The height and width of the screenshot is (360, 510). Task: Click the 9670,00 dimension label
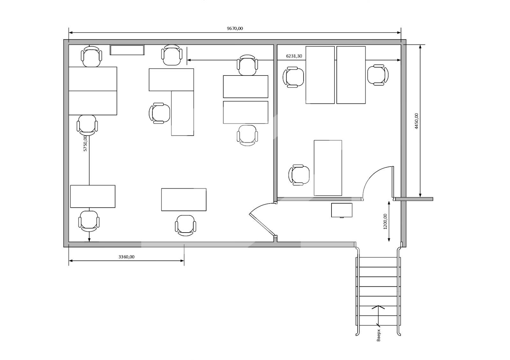[x=235, y=28]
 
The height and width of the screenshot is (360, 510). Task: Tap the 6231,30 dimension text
[x=294, y=56]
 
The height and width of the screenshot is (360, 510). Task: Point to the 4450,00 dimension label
[x=416, y=121]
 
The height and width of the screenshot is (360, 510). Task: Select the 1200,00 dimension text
[x=385, y=221]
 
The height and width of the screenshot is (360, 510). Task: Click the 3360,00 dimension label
[x=126, y=257]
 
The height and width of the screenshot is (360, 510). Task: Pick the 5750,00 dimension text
[x=85, y=143]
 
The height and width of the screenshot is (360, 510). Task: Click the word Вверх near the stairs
[x=378, y=335]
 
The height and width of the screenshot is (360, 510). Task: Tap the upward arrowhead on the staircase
[x=378, y=307]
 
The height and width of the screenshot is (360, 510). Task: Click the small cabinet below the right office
[x=341, y=210]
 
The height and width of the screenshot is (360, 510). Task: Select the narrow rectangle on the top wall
[x=127, y=50]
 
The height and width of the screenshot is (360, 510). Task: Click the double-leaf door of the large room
[x=263, y=220]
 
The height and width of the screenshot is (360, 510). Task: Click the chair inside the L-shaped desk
[x=159, y=113]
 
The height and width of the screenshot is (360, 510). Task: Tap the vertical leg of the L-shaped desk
[x=182, y=113]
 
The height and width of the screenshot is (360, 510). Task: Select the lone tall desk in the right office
[x=328, y=168]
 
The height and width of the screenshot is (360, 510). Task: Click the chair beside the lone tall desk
[x=299, y=175]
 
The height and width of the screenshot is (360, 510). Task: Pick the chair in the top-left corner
[x=91, y=56]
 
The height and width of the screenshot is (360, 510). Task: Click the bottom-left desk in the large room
[x=93, y=196]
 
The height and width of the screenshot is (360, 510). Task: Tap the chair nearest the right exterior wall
[x=378, y=75]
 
